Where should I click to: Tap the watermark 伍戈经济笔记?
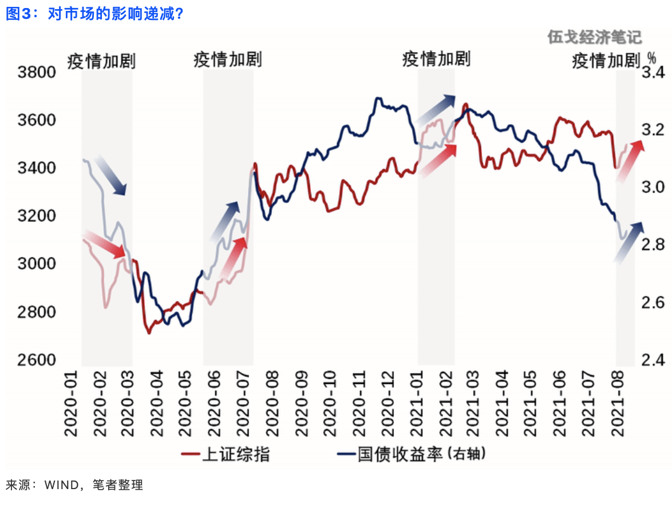pos(594,38)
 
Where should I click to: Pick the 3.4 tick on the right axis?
pos(652,73)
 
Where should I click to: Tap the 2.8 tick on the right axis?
pos(652,245)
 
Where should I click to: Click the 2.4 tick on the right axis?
pos(652,360)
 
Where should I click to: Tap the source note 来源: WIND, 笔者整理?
pos(74,485)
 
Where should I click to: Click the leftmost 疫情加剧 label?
pos(101,61)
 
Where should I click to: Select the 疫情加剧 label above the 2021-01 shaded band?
pos(436,58)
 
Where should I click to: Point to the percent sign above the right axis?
pos(651,57)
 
